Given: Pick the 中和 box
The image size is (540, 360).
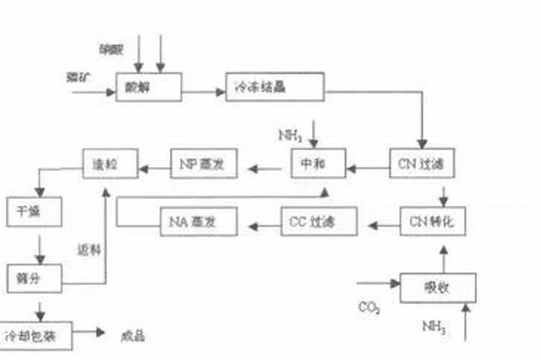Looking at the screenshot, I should pos(318,163).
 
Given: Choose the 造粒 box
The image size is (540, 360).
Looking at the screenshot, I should pos(109,163).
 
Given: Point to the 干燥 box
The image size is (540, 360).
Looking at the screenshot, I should pos(35,212).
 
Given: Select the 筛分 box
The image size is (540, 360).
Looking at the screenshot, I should pos(35,277).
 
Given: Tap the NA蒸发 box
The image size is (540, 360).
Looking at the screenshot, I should pos(198,221).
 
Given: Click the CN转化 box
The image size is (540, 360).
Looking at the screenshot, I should pos(433,220).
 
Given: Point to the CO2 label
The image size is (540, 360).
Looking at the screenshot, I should pos(369,308).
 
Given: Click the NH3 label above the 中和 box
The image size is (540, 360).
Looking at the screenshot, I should pos(289,135).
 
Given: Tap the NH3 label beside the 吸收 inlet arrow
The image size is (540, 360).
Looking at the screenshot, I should pos(434,328).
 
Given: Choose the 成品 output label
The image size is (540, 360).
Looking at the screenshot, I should pos(134,336).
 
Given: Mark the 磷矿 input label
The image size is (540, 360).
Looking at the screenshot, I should pos(76,78).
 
